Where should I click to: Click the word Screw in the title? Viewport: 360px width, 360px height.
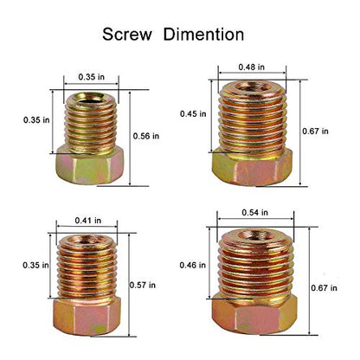coord(127,35)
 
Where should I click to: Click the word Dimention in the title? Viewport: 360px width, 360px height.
coord(203,35)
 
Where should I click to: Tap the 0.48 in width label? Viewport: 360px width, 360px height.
coord(251,67)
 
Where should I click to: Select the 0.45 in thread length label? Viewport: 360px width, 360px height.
coord(193,114)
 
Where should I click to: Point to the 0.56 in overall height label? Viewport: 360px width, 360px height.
coord(146,136)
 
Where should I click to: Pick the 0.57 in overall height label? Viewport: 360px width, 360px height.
coord(143,286)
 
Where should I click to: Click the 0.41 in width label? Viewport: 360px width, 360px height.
coord(88,221)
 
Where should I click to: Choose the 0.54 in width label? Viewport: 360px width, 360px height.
coord(254,213)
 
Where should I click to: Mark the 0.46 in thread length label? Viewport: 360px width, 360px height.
coord(193,265)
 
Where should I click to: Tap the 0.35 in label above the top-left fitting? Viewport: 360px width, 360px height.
coord(92,77)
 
